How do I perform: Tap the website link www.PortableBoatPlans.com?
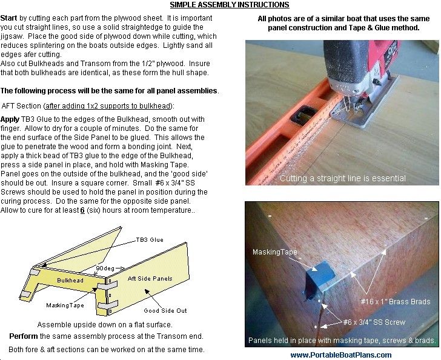click(x=340, y=355)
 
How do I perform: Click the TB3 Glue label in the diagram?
click(x=149, y=240)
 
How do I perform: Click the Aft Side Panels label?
click(x=150, y=278)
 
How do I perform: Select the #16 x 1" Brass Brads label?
click(x=396, y=301)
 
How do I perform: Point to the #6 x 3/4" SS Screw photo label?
click(x=374, y=322)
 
